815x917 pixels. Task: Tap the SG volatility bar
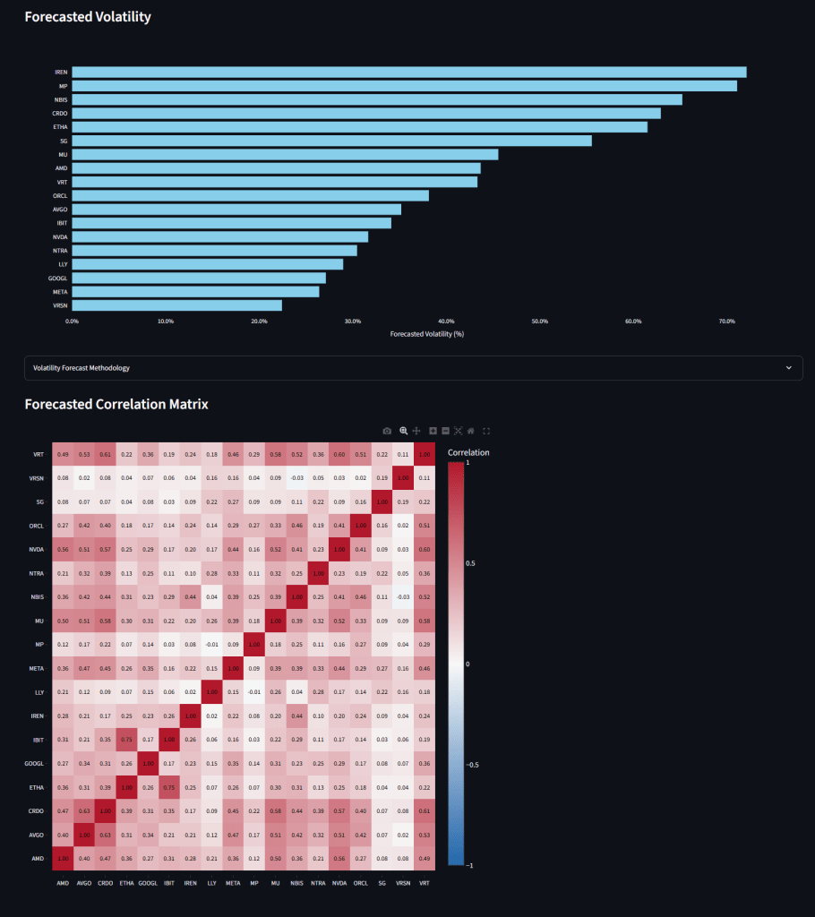(331, 141)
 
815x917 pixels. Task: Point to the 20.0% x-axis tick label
(259, 321)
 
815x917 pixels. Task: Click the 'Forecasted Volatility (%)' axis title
(426, 334)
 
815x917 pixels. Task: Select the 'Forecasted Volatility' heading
(88, 17)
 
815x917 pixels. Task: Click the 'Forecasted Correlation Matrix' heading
(116, 404)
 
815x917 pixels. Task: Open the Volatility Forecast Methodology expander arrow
(788, 368)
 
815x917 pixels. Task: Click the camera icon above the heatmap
(387, 431)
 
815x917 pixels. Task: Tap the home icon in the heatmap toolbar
(471, 431)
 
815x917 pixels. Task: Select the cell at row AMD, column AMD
(63, 858)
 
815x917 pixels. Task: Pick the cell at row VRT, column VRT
(425, 454)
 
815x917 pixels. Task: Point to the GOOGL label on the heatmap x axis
(147, 882)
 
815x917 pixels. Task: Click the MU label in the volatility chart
(63, 154)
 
